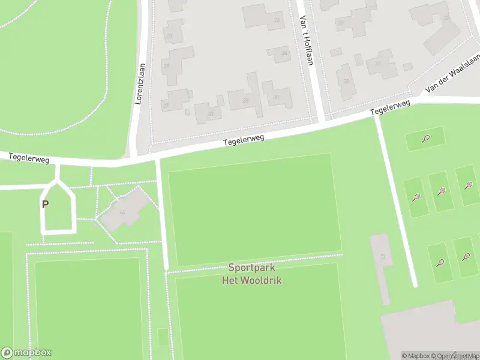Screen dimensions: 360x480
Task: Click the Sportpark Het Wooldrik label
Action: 252,274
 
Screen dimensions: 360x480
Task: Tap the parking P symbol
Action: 45,204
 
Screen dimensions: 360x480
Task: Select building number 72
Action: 382,256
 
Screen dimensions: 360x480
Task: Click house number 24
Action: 277,20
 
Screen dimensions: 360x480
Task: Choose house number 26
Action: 284,53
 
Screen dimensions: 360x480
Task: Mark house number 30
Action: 275,97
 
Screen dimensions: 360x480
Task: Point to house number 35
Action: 245,100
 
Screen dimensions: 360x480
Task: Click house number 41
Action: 378,63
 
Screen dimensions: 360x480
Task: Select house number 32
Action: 446,17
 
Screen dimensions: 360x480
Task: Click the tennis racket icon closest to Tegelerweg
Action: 425,139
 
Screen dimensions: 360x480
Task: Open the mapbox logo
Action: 26,353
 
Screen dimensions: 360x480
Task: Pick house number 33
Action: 211,113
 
